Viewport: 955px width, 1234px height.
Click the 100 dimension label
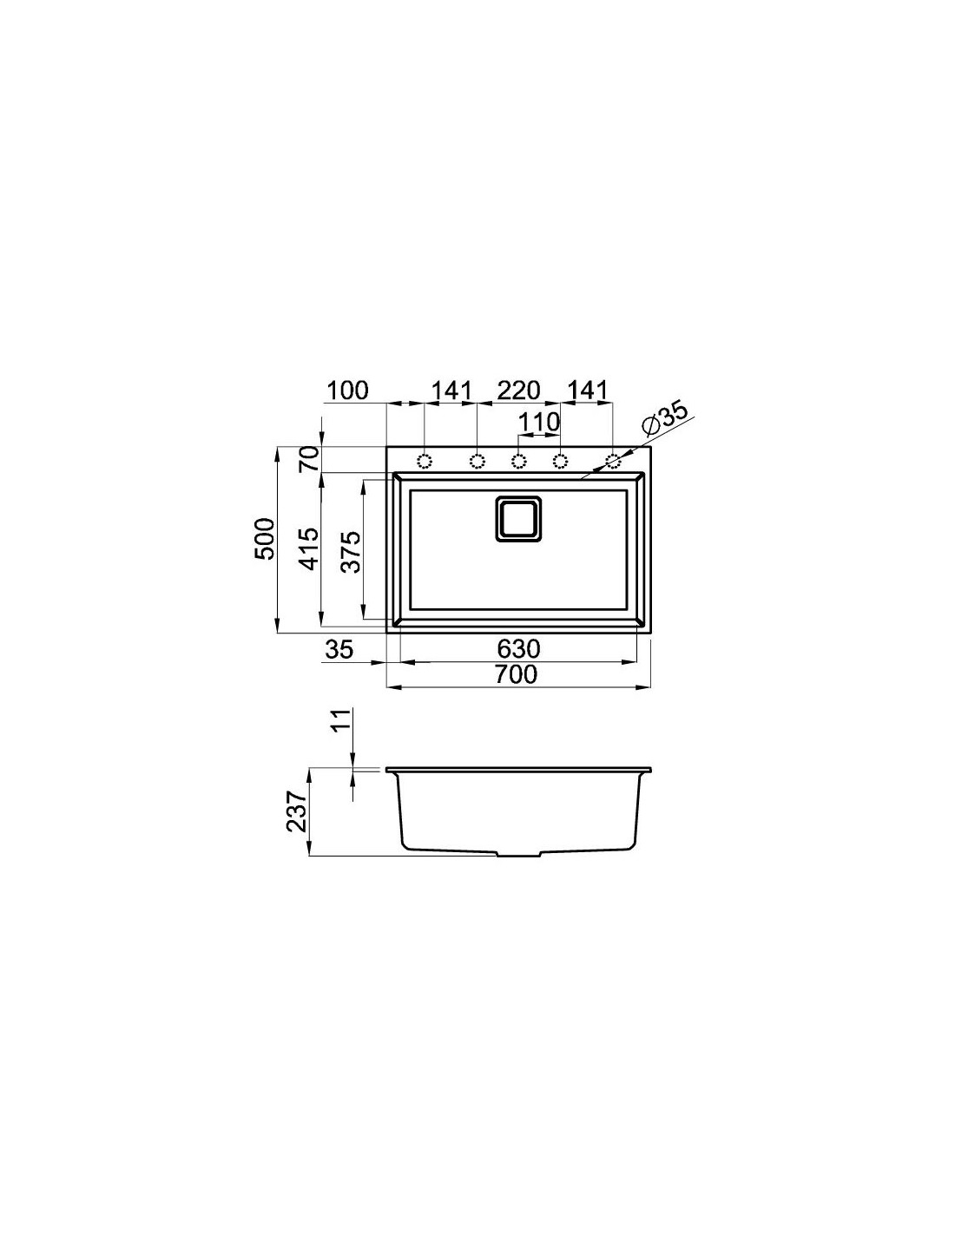click(x=347, y=391)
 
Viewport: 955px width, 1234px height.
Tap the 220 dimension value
click(x=518, y=391)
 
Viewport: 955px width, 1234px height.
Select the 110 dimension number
click(x=539, y=423)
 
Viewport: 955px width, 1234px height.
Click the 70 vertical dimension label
click(x=310, y=459)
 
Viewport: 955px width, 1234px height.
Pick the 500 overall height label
click(x=264, y=538)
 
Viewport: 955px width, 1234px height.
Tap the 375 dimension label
click(x=352, y=552)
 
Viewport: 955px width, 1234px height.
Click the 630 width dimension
click(x=518, y=648)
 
